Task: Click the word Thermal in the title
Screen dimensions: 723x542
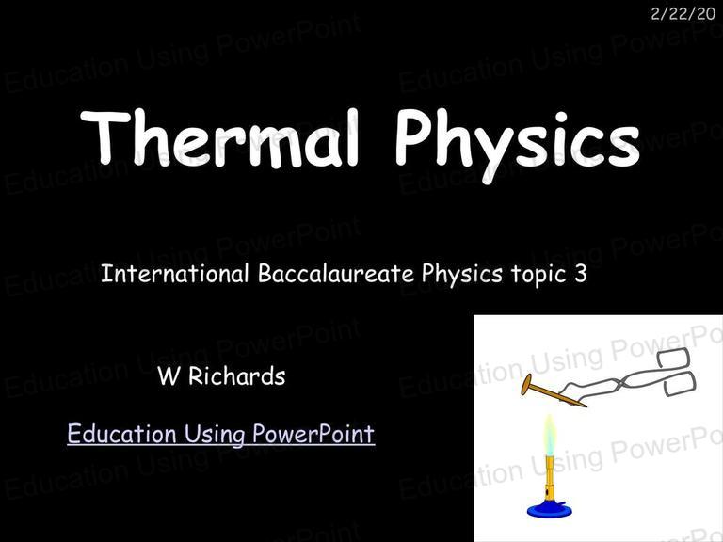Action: (x=219, y=138)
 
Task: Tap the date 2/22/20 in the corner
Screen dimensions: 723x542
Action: (x=683, y=14)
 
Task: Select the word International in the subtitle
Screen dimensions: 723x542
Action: (x=175, y=273)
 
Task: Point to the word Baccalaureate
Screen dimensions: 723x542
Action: (x=336, y=273)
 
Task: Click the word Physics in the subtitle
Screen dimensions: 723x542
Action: (x=461, y=274)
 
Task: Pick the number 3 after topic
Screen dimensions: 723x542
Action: (x=581, y=273)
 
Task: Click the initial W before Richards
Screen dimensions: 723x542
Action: (x=168, y=376)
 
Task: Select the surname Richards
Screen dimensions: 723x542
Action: (x=237, y=375)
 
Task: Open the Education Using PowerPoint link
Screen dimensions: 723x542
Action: (x=221, y=434)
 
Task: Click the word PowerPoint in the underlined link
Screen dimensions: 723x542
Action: (x=313, y=433)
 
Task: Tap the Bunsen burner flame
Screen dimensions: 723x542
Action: (x=549, y=436)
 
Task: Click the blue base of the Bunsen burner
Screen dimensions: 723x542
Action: (x=549, y=510)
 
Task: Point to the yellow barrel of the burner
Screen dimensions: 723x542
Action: (x=549, y=477)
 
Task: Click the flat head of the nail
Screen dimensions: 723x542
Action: (x=526, y=384)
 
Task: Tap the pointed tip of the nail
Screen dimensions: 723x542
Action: (x=586, y=406)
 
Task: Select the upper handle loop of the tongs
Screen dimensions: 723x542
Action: (x=673, y=358)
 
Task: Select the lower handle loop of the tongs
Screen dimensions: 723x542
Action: (x=680, y=384)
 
